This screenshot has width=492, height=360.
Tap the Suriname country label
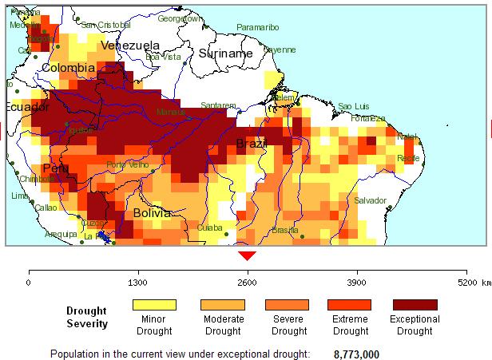(x=225, y=53)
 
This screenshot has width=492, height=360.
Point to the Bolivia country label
(x=152, y=214)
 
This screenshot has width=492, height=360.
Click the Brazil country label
(x=251, y=144)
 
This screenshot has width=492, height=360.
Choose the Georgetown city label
(x=180, y=18)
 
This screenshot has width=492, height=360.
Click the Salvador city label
(x=370, y=200)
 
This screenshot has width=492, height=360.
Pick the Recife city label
(x=408, y=158)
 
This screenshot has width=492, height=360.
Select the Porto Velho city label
(x=128, y=164)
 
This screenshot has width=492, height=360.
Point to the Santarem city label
(x=218, y=105)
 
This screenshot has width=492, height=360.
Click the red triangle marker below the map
(x=248, y=255)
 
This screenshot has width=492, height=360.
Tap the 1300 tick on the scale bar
(x=138, y=282)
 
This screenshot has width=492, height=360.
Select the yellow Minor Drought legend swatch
(x=153, y=304)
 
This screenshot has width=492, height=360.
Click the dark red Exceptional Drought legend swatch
(x=415, y=304)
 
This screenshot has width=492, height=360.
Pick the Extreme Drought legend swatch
(x=350, y=304)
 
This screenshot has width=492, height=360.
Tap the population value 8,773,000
(x=356, y=354)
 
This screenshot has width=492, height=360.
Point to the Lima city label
(x=20, y=196)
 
